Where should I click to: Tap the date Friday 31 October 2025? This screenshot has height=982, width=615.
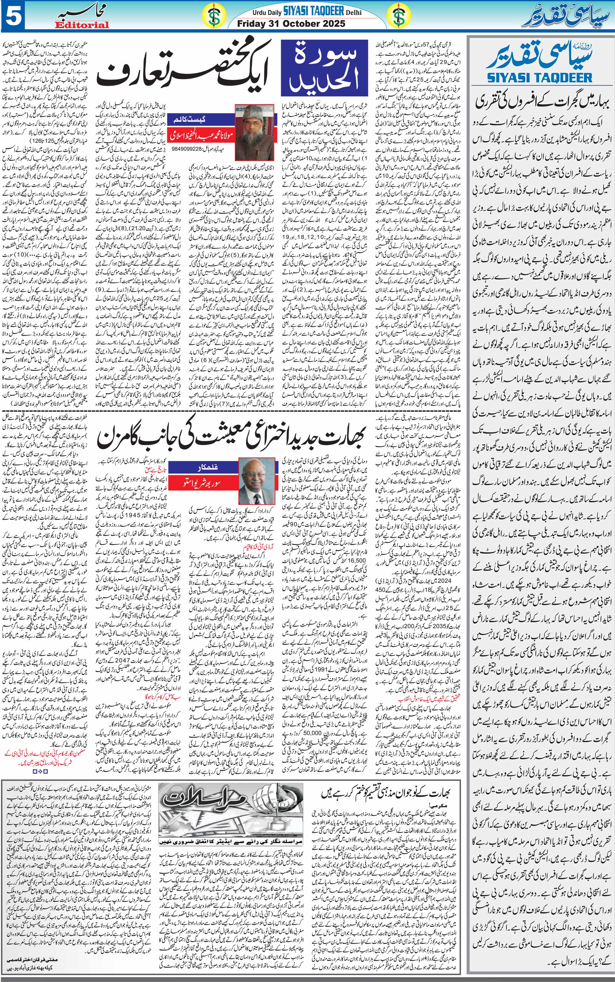(291, 23)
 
